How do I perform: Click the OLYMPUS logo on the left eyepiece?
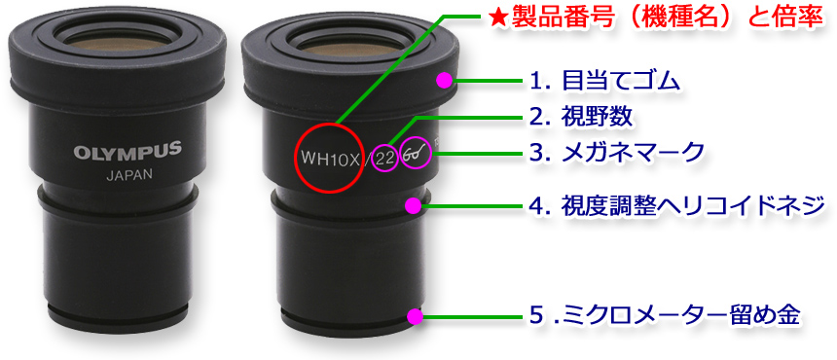click(x=127, y=152)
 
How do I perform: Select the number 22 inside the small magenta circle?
click(x=383, y=157)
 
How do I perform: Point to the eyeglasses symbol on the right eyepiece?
click(x=416, y=152)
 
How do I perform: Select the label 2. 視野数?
click(x=581, y=117)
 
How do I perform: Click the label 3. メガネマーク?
click(x=616, y=152)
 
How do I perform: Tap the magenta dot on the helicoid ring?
click(x=415, y=205)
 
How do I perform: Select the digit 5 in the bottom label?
click(x=535, y=315)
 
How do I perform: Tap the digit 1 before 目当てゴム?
click(x=535, y=81)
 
